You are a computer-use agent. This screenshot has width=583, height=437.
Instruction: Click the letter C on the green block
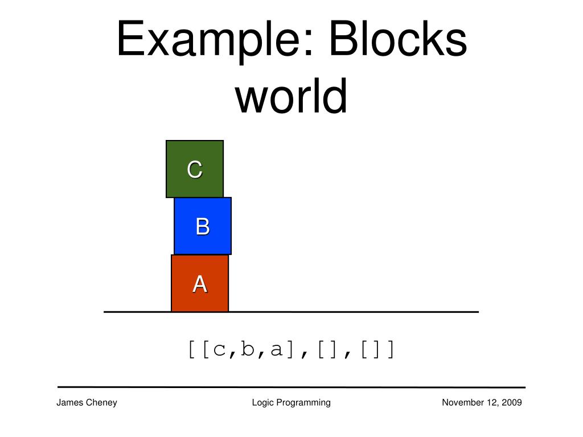[195, 170]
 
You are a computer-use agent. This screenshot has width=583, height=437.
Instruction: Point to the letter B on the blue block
[203, 226]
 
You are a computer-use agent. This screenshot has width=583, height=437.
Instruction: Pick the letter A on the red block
[200, 283]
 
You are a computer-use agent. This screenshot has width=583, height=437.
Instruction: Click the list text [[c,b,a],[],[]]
[291, 349]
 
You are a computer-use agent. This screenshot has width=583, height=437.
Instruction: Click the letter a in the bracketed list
[277, 349]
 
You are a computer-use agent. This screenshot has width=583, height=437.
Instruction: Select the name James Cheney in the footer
[87, 403]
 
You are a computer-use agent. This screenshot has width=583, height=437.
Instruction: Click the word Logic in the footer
[262, 403]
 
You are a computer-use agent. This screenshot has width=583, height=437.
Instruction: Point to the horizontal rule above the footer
[291, 387]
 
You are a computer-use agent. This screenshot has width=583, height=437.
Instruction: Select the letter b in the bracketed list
[248, 349]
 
